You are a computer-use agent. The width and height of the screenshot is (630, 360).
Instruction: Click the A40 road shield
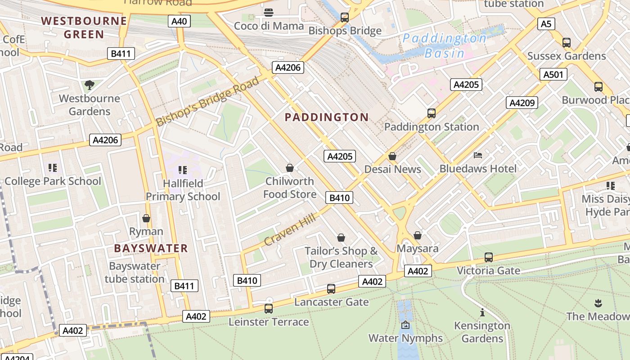click(180, 21)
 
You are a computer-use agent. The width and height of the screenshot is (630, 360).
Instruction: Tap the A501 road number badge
click(553, 74)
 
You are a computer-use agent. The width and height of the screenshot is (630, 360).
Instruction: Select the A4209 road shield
click(522, 103)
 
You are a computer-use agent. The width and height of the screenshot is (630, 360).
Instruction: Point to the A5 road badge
click(546, 24)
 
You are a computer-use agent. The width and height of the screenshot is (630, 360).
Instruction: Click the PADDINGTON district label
click(327, 117)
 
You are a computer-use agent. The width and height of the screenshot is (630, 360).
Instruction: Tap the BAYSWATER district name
click(151, 248)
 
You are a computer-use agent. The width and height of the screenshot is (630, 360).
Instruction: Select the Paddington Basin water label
click(445, 45)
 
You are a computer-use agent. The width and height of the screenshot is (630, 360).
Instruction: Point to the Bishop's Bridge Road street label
click(208, 101)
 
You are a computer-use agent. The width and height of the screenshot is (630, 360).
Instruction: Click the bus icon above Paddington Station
click(432, 113)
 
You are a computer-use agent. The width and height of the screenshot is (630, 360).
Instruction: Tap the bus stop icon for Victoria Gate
click(489, 257)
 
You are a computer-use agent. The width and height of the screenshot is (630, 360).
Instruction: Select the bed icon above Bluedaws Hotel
click(478, 156)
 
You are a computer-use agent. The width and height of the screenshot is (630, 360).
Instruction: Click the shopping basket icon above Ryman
click(146, 218)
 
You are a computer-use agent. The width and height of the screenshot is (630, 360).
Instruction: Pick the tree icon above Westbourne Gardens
click(90, 85)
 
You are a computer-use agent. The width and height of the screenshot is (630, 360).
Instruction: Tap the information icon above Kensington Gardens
click(482, 312)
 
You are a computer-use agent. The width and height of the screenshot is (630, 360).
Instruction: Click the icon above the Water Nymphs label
click(405, 325)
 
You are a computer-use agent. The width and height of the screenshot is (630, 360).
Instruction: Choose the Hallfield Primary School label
click(183, 190)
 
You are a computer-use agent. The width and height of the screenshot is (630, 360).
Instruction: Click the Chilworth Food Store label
click(290, 188)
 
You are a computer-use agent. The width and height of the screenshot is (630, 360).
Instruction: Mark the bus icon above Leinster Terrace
click(269, 309)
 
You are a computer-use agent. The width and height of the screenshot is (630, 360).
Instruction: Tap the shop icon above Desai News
click(392, 156)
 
